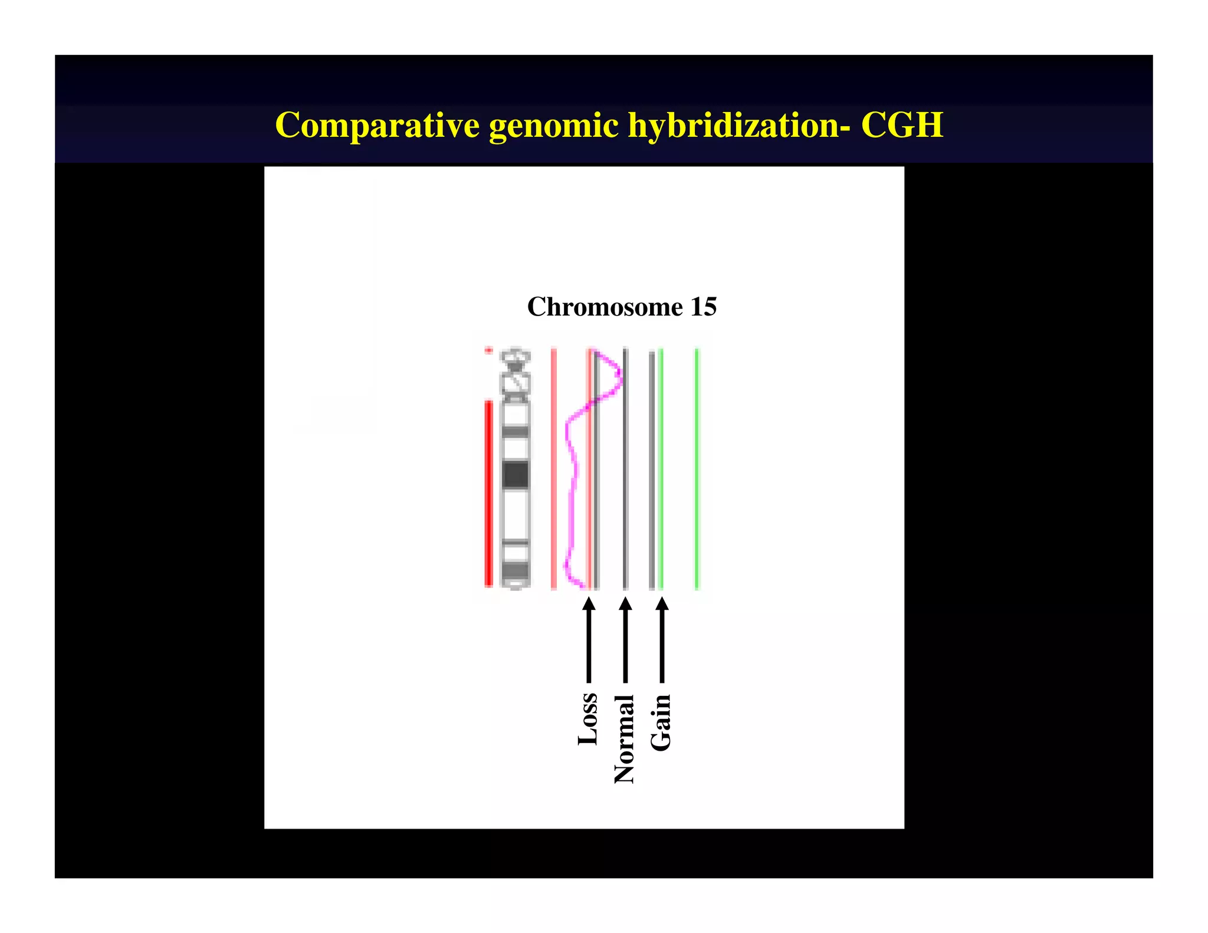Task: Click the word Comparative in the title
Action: click(377, 125)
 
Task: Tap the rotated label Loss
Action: click(587, 719)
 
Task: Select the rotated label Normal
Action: click(624, 739)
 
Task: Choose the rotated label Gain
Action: click(661, 722)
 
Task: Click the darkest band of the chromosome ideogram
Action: click(516, 475)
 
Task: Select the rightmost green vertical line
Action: click(697, 469)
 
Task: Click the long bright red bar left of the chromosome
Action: click(488, 493)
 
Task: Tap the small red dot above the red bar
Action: click(488, 350)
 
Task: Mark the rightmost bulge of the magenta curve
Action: click(619, 373)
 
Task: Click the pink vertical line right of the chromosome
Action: click(553, 469)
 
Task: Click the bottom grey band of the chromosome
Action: click(516, 570)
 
